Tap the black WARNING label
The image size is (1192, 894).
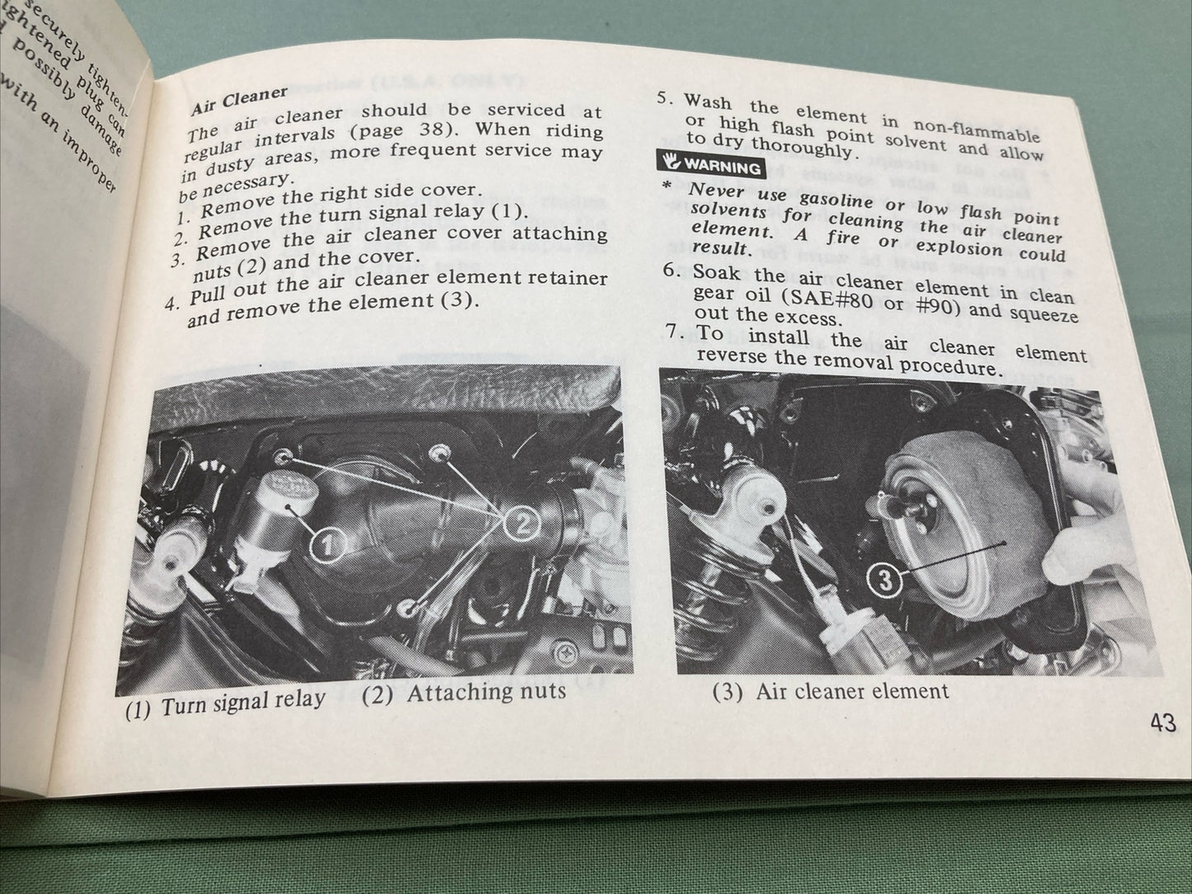[x=709, y=166]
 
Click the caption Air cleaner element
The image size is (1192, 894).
[x=830, y=690]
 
